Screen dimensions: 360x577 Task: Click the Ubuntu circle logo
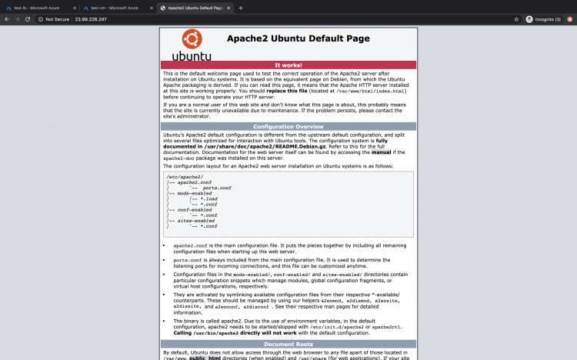192,40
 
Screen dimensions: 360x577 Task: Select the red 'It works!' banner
288,65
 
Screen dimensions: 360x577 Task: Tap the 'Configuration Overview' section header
288,126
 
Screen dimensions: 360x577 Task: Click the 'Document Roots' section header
288,344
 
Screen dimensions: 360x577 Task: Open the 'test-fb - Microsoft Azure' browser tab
38,8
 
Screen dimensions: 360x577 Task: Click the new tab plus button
241,8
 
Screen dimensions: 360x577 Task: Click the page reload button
28,19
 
